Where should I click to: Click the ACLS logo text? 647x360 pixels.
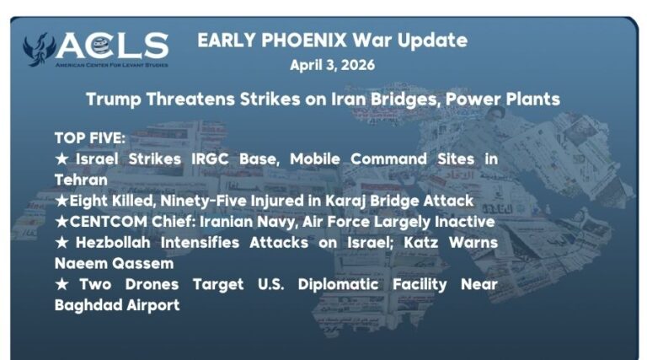coord(113,45)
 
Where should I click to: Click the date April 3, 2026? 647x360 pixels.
coord(332,65)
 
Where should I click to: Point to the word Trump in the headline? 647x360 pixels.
coord(113,99)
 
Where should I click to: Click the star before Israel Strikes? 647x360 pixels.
coord(60,159)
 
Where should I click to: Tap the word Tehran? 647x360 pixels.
coord(81,180)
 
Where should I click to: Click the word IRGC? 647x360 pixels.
coord(238,159)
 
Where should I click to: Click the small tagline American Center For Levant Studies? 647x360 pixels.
coord(111,64)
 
